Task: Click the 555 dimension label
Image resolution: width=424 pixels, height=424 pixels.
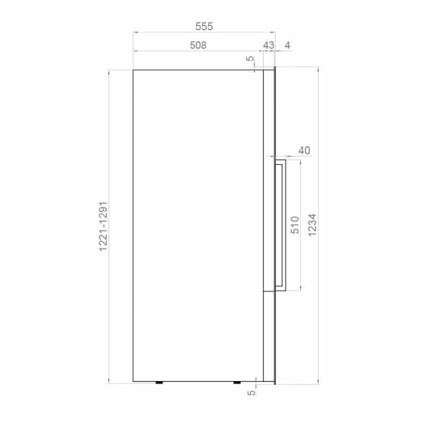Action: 204,27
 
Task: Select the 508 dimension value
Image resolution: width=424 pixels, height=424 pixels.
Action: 198,45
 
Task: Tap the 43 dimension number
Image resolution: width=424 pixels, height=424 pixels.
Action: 268,45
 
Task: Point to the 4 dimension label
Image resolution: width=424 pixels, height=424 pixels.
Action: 288,45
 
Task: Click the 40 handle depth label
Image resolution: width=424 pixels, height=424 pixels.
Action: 304,150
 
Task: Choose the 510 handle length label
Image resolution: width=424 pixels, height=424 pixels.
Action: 295,225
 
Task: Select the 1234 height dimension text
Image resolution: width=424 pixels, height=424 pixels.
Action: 312,225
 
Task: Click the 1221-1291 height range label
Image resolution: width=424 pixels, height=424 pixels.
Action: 104,227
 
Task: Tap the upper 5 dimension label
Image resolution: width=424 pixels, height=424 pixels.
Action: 251,58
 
